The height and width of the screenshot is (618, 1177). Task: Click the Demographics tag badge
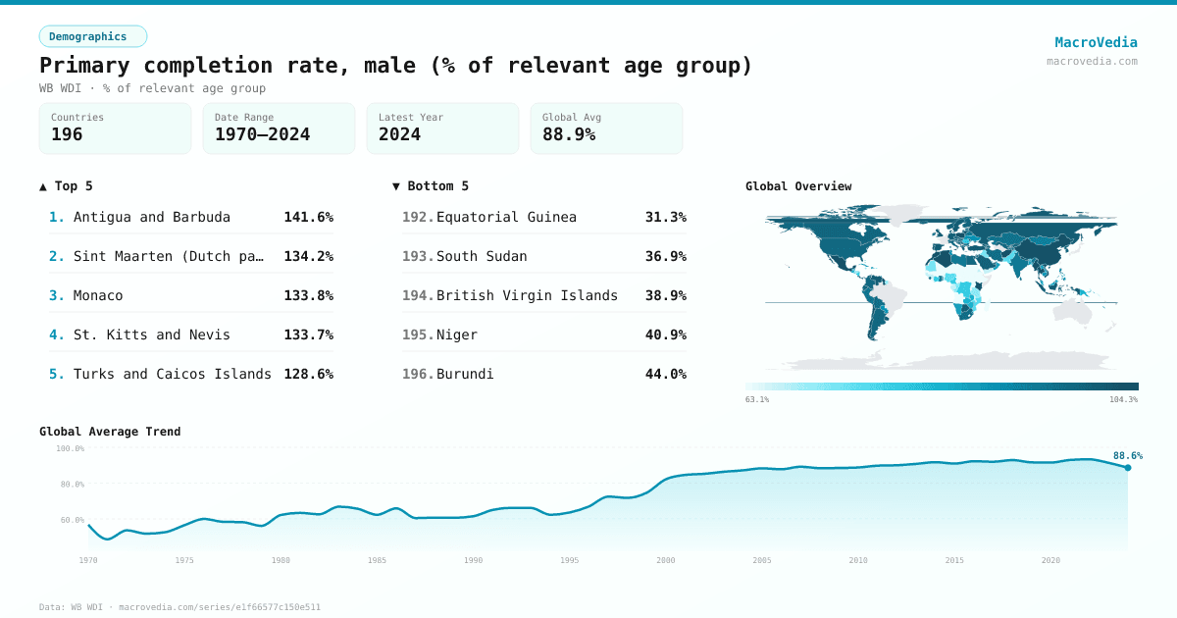92,36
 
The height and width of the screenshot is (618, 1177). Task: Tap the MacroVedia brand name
1096,42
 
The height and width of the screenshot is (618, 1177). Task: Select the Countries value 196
67,134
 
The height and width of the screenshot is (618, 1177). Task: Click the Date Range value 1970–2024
262,134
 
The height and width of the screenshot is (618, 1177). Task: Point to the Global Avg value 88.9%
569,134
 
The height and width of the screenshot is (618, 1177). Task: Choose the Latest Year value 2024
399,134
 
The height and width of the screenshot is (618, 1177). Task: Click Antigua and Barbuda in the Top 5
152,217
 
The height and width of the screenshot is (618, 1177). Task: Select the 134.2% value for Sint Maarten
308,256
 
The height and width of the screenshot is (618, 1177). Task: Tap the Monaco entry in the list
98,295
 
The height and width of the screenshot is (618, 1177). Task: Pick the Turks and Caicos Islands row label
173,374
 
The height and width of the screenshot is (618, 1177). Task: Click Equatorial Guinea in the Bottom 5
506,217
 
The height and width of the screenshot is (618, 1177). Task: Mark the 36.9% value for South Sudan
665,256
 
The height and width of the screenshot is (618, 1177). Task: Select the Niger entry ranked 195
457,335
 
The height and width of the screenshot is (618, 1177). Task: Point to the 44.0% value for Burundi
665,374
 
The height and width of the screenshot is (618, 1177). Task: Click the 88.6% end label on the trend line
1127,455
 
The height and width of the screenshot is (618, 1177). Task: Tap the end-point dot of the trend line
1127,468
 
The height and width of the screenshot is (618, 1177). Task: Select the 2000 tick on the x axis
666,560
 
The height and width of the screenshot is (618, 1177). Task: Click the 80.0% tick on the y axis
71,485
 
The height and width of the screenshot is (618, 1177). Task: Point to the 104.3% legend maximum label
1123,399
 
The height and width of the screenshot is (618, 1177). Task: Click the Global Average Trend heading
110,432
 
